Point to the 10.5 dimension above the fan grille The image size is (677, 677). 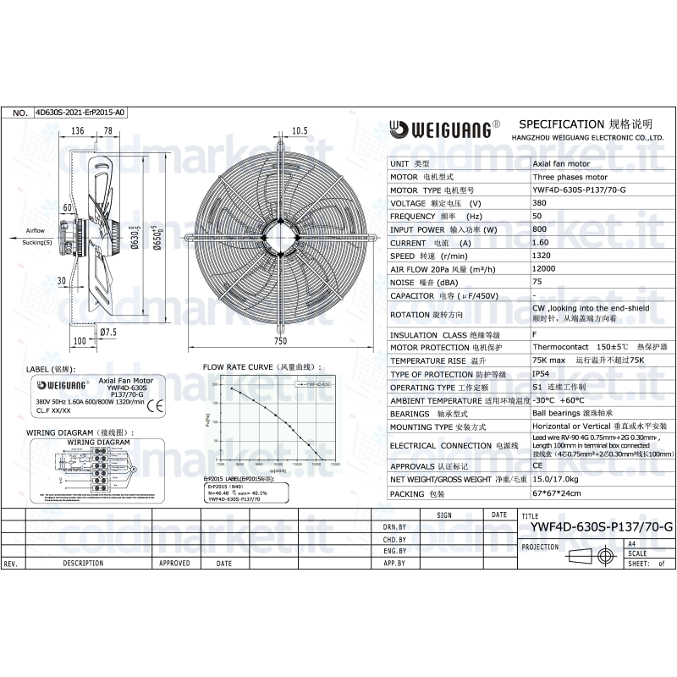tap(299, 130)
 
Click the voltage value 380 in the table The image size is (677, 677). tap(539, 203)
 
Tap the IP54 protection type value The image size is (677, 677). tap(540, 373)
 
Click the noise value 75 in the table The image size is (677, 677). tap(537, 282)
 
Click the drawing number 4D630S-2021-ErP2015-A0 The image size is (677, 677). tap(80, 112)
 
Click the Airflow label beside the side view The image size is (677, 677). tap(35, 230)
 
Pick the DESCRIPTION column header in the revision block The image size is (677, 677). tap(83, 563)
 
